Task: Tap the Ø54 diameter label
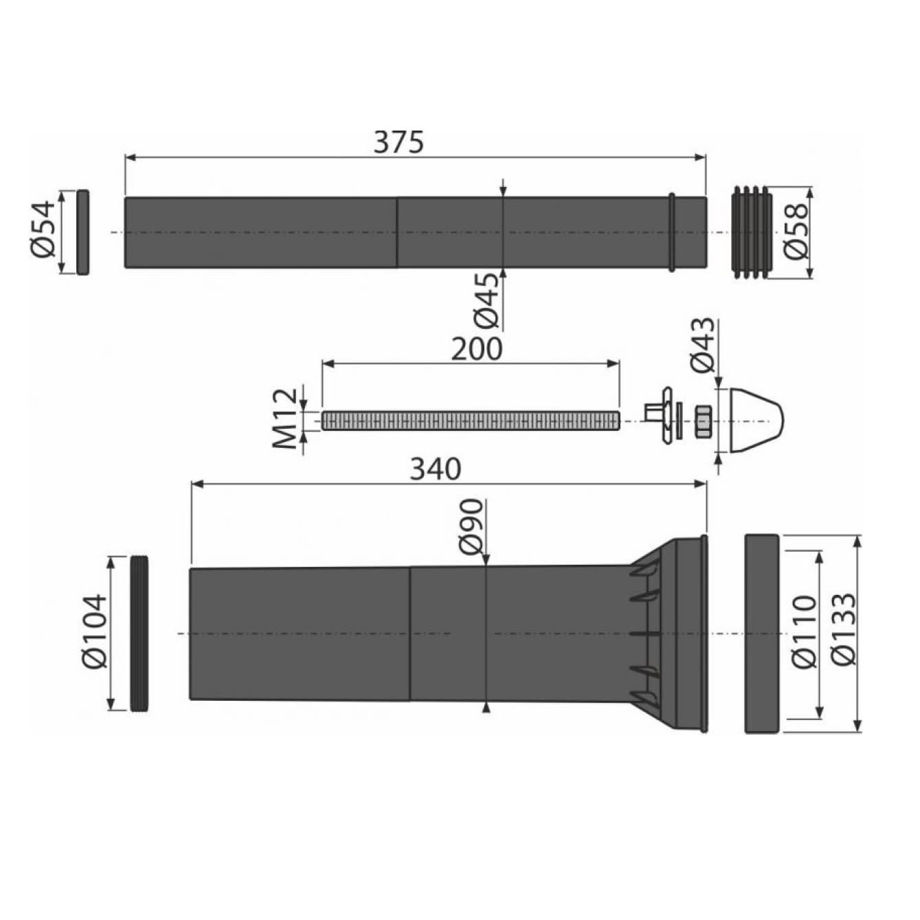(x=45, y=229)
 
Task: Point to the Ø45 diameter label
(x=487, y=301)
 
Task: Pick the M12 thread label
(x=284, y=418)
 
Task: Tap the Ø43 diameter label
(x=703, y=345)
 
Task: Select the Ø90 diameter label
(x=473, y=526)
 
